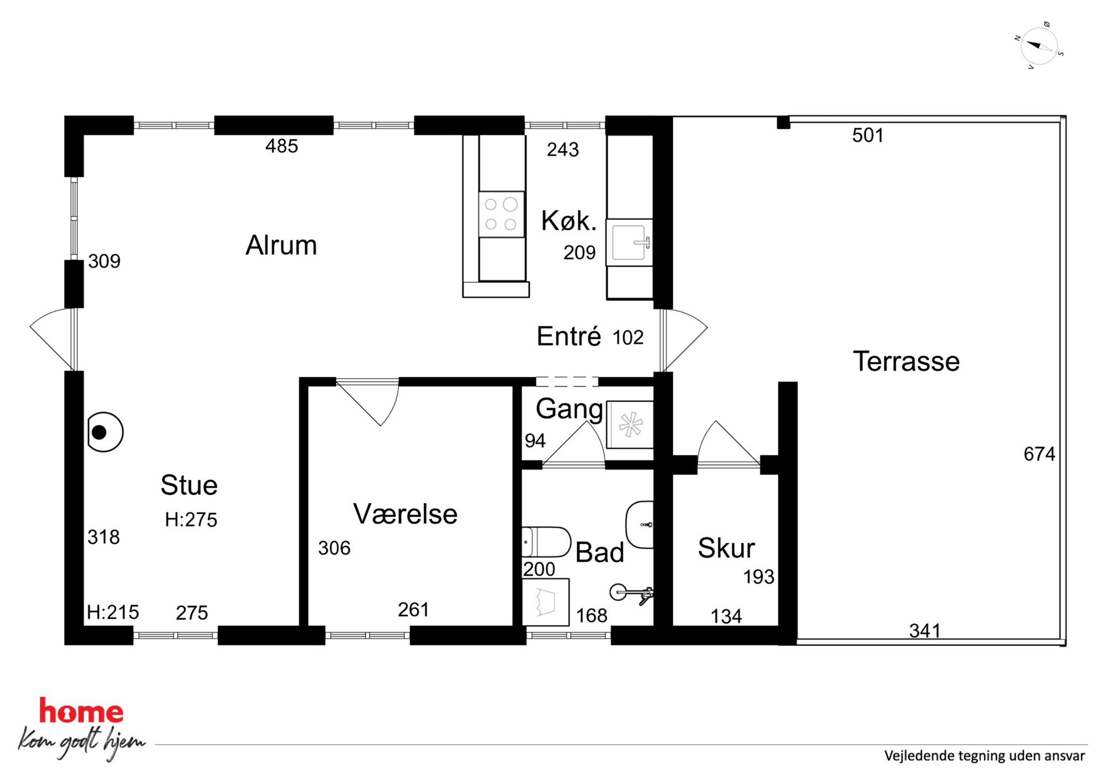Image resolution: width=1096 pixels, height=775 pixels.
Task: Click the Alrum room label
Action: coord(281,245)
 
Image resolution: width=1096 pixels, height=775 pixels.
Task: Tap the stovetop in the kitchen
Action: coord(501,214)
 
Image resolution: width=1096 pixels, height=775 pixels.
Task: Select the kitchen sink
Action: coord(630,242)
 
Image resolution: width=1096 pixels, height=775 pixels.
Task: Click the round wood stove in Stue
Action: coord(105,432)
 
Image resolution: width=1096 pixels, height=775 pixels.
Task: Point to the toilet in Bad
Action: coord(546,542)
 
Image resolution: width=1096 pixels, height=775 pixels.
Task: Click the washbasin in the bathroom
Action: coord(640,524)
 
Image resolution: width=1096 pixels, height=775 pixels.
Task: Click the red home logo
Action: coord(81,711)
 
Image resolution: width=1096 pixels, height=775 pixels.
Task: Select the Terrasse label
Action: coord(906,361)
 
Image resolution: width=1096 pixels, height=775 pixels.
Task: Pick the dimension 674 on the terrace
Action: coord(1039,454)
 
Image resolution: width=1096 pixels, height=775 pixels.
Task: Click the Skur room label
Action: coord(726,548)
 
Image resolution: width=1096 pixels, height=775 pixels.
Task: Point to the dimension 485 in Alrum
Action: coord(282,146)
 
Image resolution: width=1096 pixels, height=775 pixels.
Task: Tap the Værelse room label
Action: coord(405,514)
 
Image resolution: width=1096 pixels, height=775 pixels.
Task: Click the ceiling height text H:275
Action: coord(191,520)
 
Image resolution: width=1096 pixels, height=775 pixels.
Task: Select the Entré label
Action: coord(569,336)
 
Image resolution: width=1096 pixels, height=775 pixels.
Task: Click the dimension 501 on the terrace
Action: coord(868,135)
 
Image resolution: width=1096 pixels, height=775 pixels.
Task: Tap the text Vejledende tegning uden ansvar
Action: coord(984,756)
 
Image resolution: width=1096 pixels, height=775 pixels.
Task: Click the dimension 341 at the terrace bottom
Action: coord(925,630)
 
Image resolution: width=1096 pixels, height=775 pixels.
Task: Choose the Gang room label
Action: coord(570,409)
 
